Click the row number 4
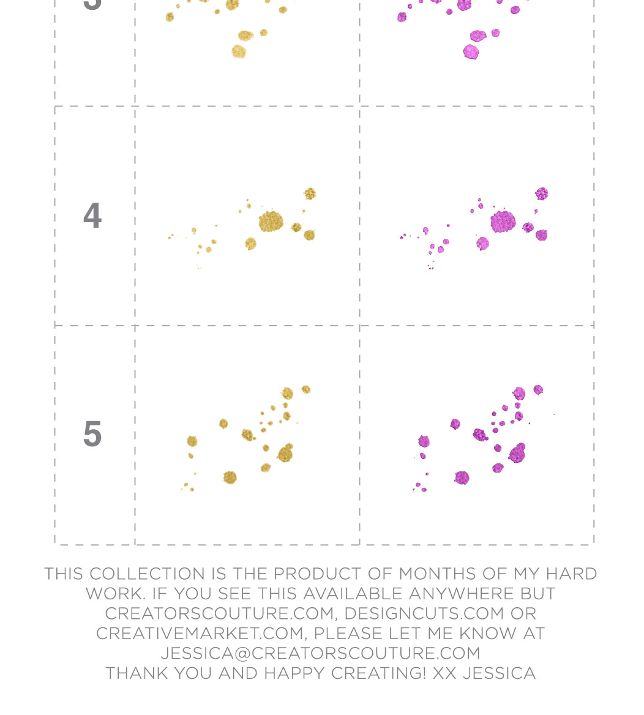pyautogui.click(x=92, y=216)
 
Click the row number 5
pyautogui.click(x=92, y=434)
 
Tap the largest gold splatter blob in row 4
pyautogui.click(x=270, y=222)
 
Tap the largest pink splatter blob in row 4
pyautogui.click(x=503, y=222)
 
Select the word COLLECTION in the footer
pyautogui.click(x=147, y=574)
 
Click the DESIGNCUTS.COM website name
pyautogui.click(x=424, y=613)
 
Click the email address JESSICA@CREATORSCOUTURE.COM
pyautogui.click(x=320, y=653)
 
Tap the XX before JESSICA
pyautogui.click(x=444, y=673)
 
